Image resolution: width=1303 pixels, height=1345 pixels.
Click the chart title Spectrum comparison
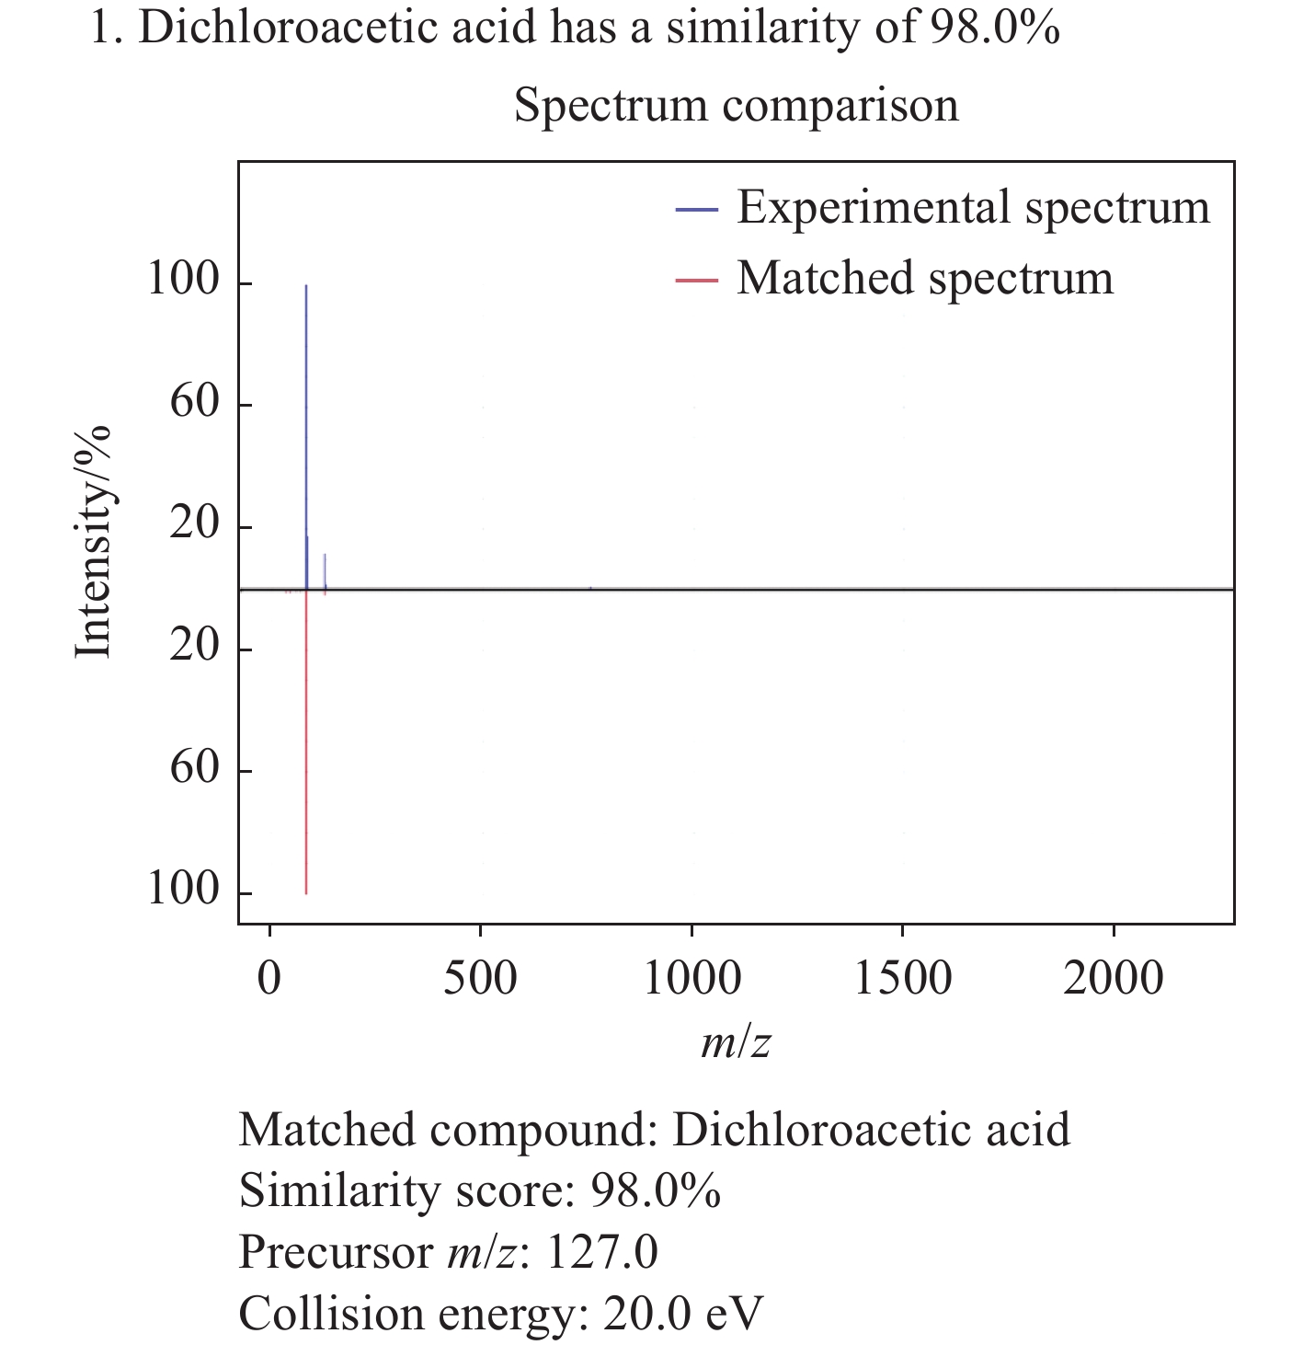pos(736,105)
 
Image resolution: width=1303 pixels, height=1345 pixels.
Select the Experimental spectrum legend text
pos(973,207)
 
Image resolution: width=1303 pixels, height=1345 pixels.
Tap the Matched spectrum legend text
pos(924,278)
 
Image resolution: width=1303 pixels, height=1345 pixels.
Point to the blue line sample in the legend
pos(696,210)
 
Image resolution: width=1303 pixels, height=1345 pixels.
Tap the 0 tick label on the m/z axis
pos(269,978)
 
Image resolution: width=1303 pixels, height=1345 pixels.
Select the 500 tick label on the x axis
pos(480,978)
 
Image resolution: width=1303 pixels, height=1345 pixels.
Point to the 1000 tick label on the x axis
pos(692,978)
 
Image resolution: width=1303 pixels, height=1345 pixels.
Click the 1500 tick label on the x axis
pos(902,978)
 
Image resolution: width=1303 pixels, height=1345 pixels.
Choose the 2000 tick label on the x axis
pos(1114,978)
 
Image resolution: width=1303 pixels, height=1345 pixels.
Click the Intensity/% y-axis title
pos(93,543)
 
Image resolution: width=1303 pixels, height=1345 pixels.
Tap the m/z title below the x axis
pos(735,1042)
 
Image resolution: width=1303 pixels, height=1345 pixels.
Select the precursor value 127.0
pos(601,1253)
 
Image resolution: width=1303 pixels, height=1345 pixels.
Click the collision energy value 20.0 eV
pos(683,1314)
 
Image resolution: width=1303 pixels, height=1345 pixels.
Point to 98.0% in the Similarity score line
pos(655,1191)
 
